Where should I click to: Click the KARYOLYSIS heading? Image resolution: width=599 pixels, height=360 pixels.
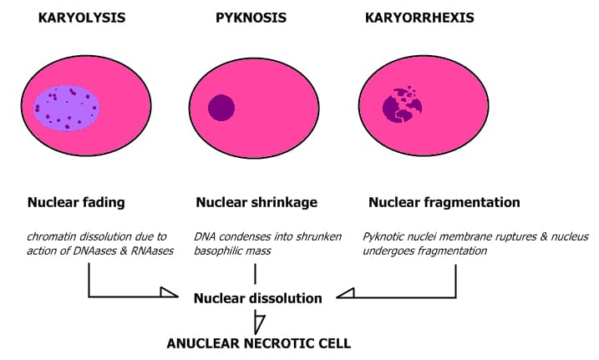click(82, 16)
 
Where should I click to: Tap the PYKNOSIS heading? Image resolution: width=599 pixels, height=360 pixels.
click(251, 16)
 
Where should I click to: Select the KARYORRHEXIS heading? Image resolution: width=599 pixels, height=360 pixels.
click(419, 16)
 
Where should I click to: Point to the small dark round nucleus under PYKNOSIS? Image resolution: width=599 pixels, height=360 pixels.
click(221, 108)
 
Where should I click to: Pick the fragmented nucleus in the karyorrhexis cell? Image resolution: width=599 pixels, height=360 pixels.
click(402, 107)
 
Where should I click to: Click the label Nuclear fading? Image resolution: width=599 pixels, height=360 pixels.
click(76, 202)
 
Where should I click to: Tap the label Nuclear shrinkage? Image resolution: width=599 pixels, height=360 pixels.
click(256, 202)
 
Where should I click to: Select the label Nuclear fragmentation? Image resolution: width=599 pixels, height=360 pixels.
click(444, 202)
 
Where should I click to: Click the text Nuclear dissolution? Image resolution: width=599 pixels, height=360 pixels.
click(258, 297)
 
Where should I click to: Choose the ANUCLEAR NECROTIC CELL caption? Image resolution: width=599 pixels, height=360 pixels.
click(259, 342)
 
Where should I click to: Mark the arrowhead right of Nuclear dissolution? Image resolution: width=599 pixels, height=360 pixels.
click(344, 292)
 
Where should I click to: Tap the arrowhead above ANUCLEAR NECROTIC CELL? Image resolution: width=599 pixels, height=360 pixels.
click(259, 322)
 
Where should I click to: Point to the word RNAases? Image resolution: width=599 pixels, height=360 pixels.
click(150, 251)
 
